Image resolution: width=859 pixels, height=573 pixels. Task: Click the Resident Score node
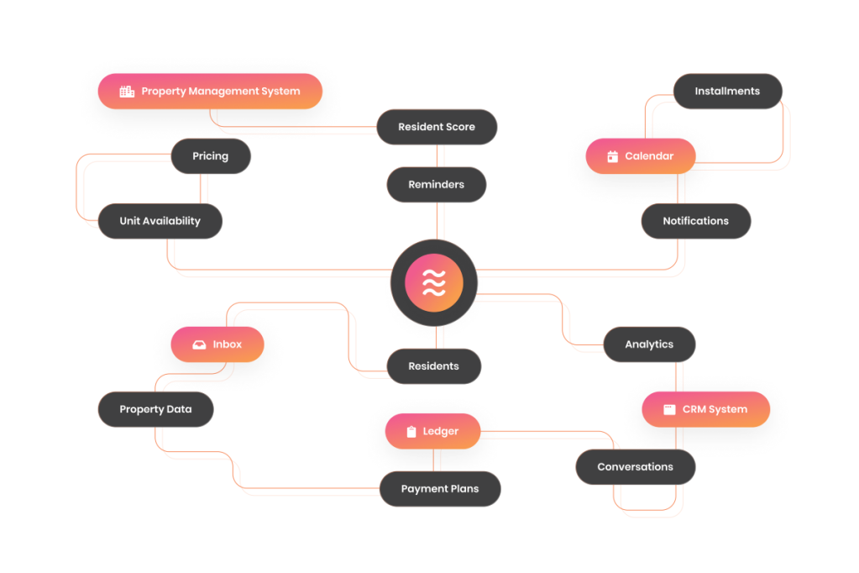437,127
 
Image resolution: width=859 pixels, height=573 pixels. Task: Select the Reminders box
437,185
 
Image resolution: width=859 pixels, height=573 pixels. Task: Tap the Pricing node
210,156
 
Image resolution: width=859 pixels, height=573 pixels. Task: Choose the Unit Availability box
160,221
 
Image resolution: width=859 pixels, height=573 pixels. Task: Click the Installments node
727,92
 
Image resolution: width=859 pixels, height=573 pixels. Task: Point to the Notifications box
695,221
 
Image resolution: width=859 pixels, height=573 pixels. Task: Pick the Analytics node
649,344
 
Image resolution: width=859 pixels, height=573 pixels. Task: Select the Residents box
433,366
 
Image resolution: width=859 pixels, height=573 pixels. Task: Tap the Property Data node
155,409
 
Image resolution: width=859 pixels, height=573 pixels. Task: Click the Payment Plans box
440,489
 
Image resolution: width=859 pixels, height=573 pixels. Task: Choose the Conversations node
635,467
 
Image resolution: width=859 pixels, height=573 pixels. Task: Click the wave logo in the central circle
433,283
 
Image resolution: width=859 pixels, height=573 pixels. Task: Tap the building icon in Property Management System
127,92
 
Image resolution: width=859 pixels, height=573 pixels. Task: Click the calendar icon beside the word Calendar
612,156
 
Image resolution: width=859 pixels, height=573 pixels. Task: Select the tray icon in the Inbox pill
199,344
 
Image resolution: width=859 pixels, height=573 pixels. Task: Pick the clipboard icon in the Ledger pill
411,432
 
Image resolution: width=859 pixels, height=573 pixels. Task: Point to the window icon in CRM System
669,409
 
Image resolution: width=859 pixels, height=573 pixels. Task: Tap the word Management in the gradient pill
222,92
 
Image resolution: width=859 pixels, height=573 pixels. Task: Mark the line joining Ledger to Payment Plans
433,460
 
